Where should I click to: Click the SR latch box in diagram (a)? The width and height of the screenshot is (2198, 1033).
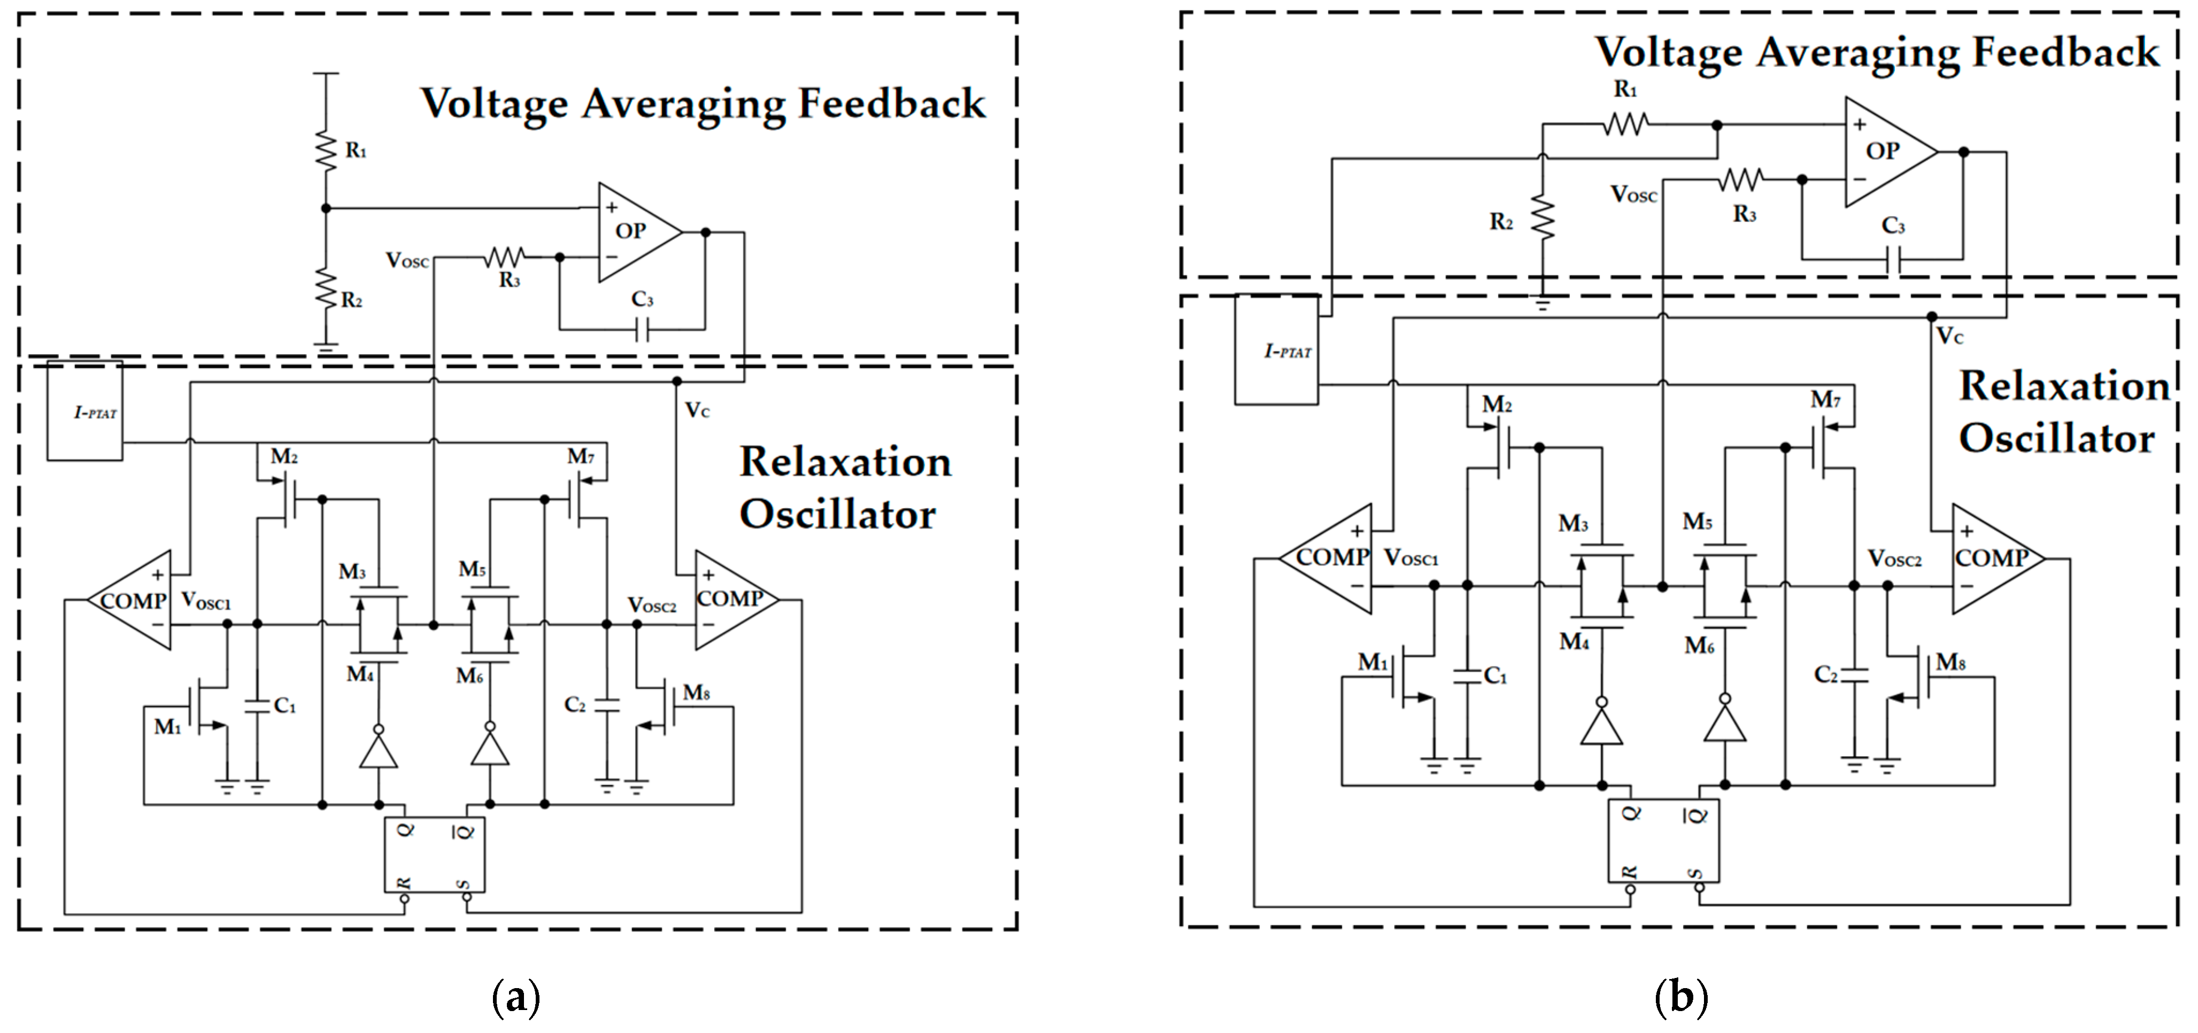434,855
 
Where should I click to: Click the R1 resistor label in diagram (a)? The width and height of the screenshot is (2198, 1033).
356,151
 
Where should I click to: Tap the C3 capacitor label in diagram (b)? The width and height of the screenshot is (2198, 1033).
1893,225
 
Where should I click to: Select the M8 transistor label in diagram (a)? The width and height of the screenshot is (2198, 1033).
696,693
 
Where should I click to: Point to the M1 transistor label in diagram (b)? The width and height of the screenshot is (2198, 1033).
1373,662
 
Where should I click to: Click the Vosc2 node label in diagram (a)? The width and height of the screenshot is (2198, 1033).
652,605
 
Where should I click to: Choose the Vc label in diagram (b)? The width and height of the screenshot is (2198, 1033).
1950,336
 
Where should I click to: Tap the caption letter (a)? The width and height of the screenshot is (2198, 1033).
516,996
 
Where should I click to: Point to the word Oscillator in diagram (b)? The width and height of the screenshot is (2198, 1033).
2056,438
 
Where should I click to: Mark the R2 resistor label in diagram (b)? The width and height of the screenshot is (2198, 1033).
1501,222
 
